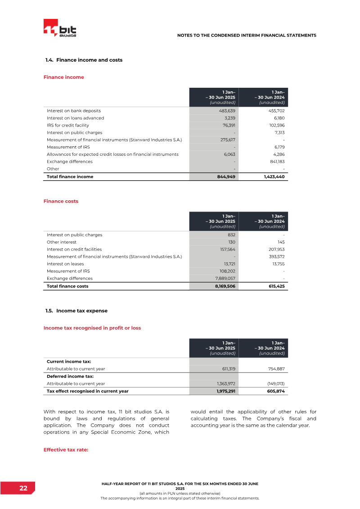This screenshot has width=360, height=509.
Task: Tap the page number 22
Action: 23,488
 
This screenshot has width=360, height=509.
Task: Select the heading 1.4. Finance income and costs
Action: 84,60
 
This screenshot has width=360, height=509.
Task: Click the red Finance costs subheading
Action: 61,201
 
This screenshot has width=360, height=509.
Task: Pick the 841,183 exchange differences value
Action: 275,162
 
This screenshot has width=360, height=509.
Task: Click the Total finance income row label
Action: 70,177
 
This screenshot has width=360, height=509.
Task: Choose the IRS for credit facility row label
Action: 68,125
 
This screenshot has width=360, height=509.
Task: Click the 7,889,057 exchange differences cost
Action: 224,279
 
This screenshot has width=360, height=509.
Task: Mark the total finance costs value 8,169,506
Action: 224,286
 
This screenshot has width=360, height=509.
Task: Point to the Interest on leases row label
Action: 66,264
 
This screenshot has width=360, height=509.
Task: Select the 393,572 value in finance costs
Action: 275,257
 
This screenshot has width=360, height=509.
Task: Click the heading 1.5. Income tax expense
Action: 76,311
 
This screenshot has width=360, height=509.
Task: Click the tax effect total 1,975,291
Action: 224,391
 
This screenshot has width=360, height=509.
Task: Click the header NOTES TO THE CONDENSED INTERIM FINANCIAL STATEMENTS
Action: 247,35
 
